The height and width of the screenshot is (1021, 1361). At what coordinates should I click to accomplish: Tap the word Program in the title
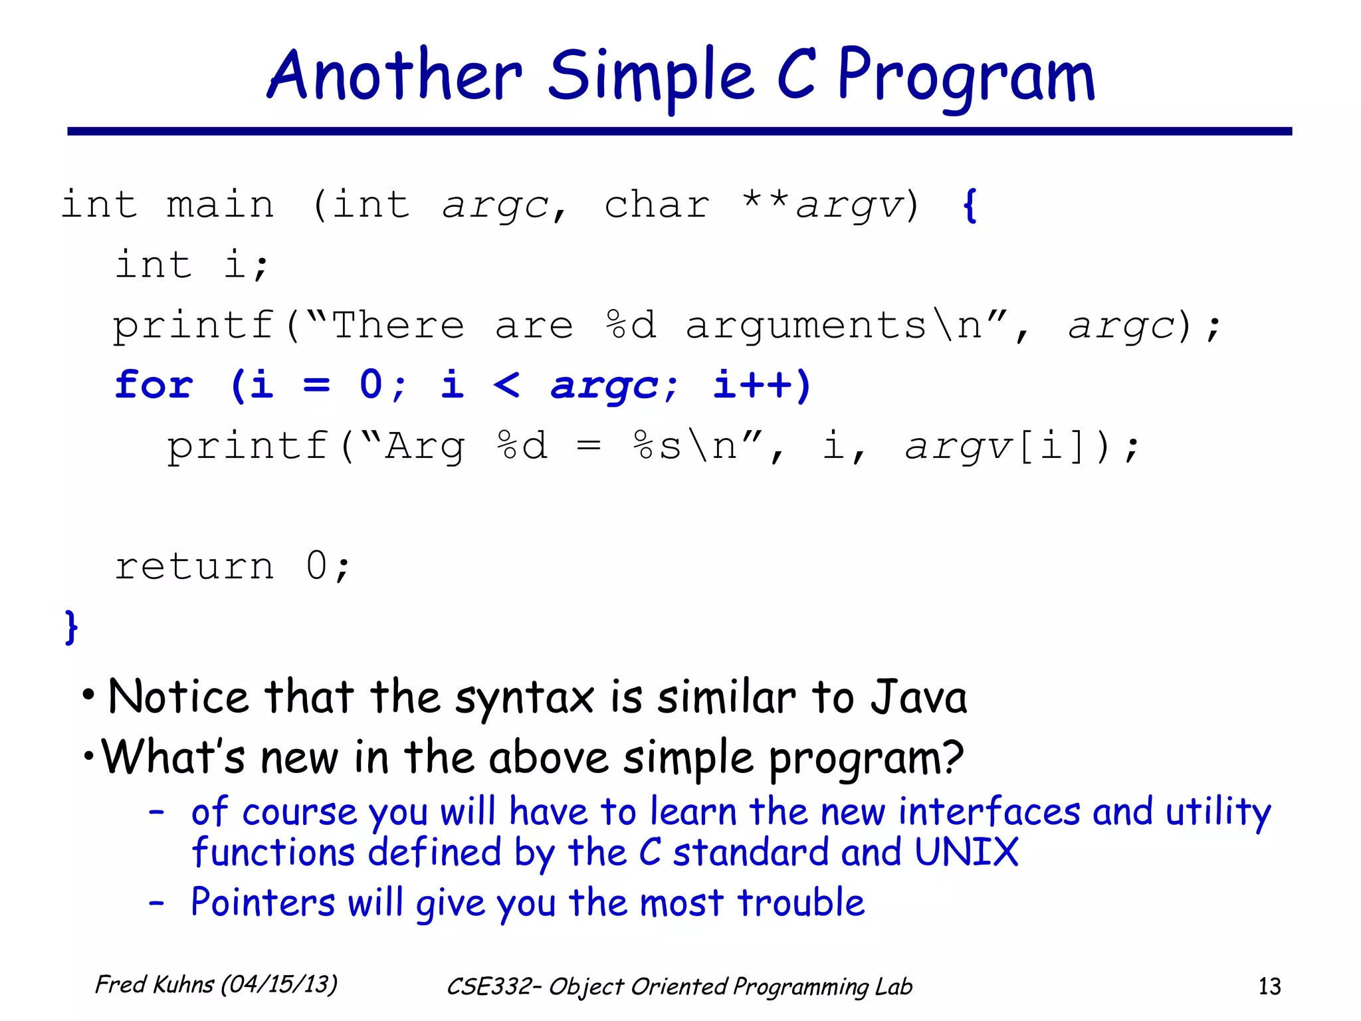[965, 76]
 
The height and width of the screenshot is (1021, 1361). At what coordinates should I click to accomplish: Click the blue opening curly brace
[970, 205]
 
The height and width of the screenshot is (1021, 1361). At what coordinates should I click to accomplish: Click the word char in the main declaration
[657, 204]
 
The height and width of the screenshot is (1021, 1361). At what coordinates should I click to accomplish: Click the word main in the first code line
[220, 204]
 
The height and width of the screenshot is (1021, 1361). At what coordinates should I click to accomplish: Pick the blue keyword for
[154, 385]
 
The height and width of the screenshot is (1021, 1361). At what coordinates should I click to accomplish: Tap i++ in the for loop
[762, 385]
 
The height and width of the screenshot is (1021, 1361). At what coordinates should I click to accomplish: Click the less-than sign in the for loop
[506, 385]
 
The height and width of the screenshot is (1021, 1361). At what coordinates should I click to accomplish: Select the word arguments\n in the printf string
[833, 326]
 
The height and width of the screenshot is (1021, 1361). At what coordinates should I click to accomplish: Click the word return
[194, 566]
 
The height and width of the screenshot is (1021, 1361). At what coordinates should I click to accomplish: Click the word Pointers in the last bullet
[262, 903]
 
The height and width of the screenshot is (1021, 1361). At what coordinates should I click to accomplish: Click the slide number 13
[1269, 986]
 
